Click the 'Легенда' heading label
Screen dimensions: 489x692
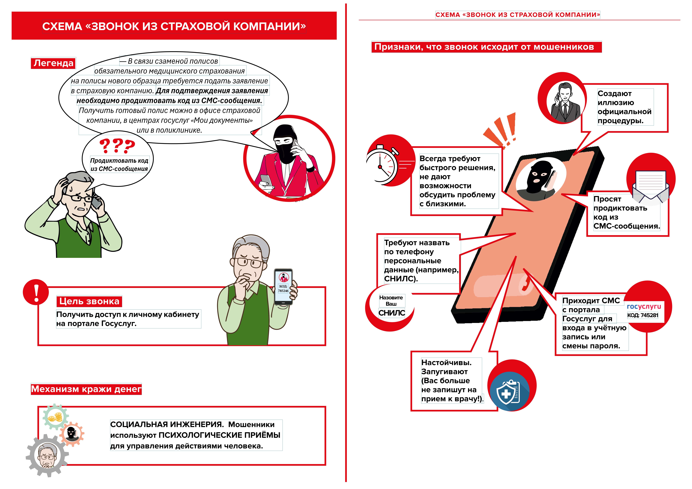[x=53, y=63]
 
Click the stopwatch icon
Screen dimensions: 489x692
[x=382, y=166]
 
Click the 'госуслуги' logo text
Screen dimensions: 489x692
[x=644, y=306]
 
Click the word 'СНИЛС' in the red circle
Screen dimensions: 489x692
[x=391, y=313]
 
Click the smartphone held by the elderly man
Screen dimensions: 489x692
[x=283, y=286]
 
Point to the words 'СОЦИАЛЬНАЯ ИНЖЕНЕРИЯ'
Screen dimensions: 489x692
[x=167, y=425]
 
